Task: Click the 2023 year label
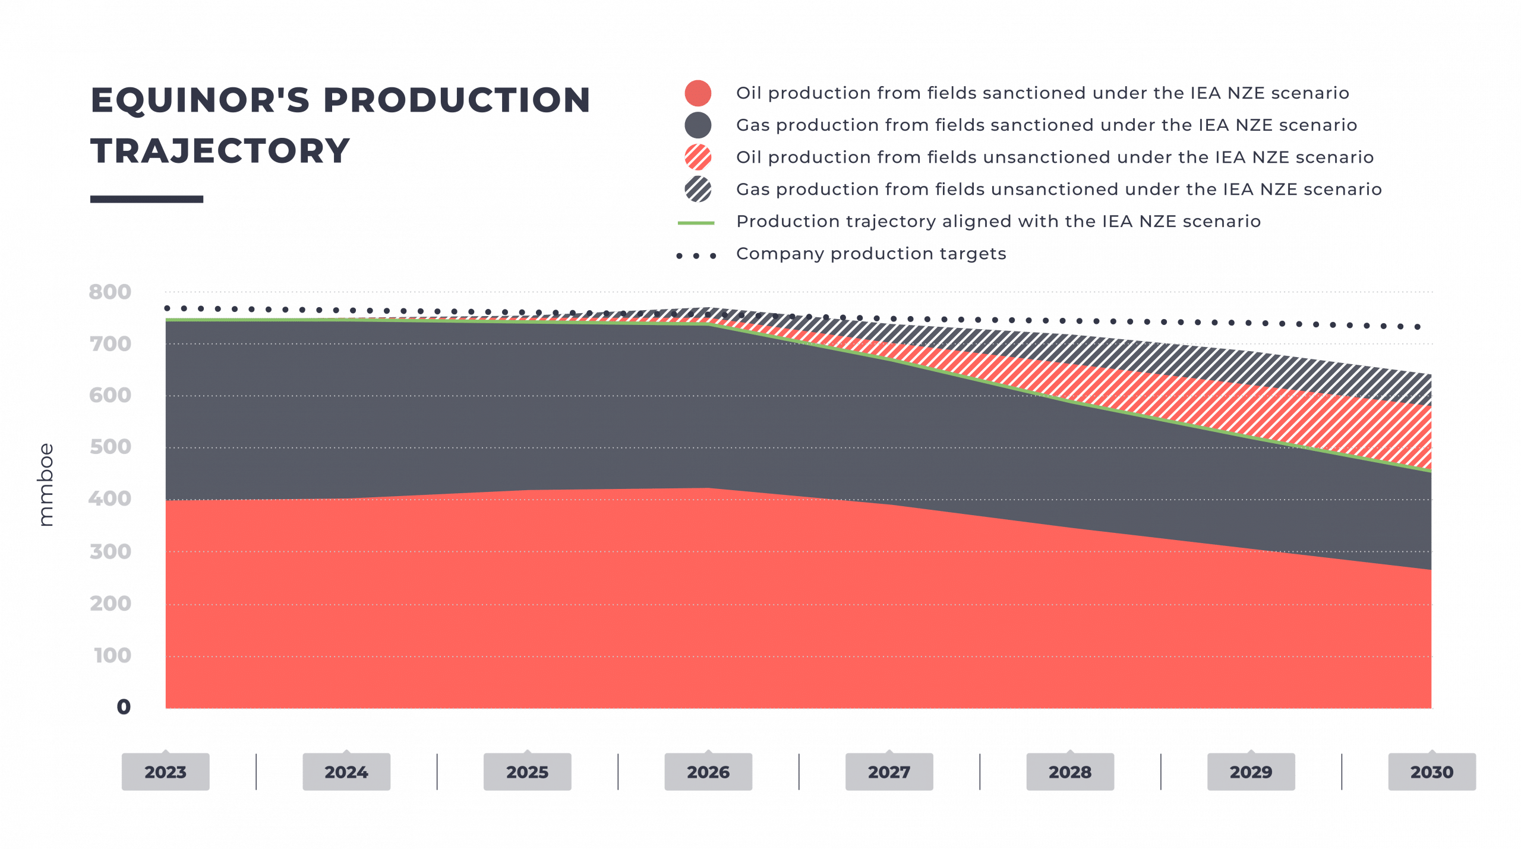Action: [165, 772]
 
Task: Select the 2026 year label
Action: [708, 772]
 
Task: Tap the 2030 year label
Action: [1432, 772]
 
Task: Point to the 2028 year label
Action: [1070, 772]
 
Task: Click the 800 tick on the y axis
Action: [110, 292]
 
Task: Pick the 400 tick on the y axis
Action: [110, 498]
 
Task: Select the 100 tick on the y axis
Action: [112, 655]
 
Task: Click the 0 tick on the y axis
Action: [124, 706]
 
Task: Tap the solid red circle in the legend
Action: [698, 94]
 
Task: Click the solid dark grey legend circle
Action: [698, 126]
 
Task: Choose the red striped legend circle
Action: [698, 158]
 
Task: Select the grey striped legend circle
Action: [698, 190]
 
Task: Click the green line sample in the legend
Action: [696, 223]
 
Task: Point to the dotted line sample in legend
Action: [696, 255]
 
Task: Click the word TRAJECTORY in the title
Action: [220, 151]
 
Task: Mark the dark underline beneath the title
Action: [147, 199]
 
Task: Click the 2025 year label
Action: [527, 772]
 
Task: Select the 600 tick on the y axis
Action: [110, 395]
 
